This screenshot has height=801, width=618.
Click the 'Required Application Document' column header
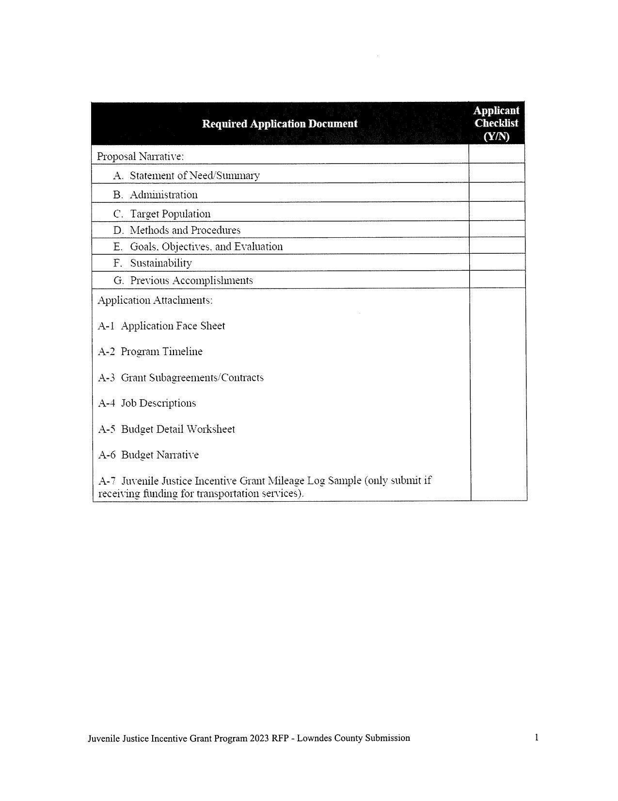coord(280,124)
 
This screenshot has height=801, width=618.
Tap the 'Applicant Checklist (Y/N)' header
coord(496,123)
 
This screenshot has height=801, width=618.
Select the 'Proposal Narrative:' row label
coord(141,157)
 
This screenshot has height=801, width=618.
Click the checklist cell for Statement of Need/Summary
coord(496,173)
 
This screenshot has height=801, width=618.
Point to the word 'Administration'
coord(163,195)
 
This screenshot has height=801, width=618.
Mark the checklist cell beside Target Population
coord(496,212)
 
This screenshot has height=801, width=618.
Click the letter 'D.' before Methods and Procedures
coord(119,230)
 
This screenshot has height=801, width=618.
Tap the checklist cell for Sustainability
coord(496,262)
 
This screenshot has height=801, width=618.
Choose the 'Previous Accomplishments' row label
coord(191,280)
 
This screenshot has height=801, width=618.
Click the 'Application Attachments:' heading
coord(155,300)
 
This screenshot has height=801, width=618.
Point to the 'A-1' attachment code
coord(106,326)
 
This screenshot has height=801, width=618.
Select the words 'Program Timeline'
coord(161,352)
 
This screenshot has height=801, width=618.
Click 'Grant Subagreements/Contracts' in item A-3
coord(192,377)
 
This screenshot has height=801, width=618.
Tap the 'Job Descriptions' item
coord(158,403)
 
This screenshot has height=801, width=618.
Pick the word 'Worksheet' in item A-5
coord(211,429)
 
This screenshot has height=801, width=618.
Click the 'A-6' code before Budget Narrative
coord(107,455)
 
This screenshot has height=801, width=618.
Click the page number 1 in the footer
coord(537,737)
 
